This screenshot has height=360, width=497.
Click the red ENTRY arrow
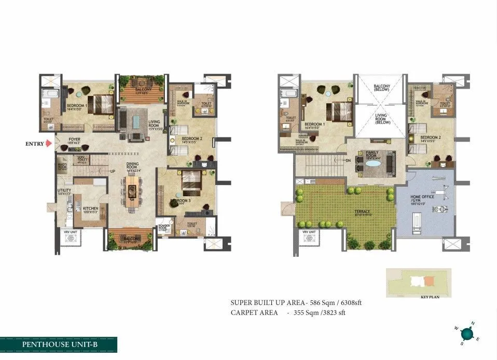pyautogui.click(x=48, y=144)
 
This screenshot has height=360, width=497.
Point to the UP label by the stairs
pyautogui.click(x=112, y=171)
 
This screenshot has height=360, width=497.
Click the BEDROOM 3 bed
pyautogui.click(x=191, y=181)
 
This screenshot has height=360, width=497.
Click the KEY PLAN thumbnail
pyautogui.click(x=418, y=283)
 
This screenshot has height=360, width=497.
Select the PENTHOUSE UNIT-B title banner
pyautogui.click(x=58, y=344)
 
